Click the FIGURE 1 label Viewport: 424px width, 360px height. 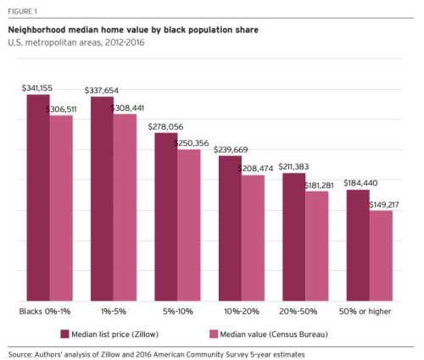24,11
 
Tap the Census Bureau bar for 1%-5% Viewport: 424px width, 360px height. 125,207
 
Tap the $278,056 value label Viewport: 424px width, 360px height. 166,125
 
